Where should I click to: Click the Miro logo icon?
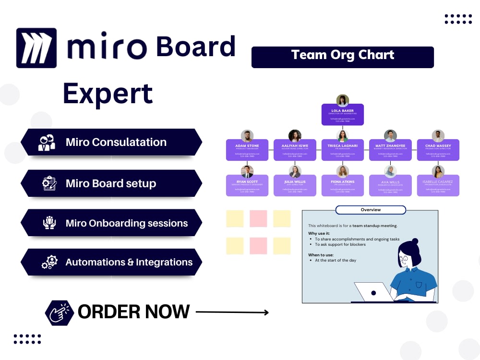point(36,48)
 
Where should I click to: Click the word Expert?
point(108,93)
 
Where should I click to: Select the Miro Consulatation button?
point(111,142)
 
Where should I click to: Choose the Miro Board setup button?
point(111,183)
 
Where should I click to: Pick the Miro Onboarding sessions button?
point(111,223)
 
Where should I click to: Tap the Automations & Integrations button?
point(111,262)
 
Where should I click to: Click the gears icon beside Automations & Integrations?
point(49,263)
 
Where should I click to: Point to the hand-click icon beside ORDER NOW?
point(59,312)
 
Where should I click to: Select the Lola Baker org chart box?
point(342,115)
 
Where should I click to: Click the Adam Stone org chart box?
point(247,150)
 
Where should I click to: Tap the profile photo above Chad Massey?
point(438,136)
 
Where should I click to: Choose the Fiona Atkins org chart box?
point(342,185)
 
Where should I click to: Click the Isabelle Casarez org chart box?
point(438,185)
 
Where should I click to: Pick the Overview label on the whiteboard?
point(371,210)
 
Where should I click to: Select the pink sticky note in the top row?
point(258,218)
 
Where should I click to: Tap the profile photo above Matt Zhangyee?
point(390,136)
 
